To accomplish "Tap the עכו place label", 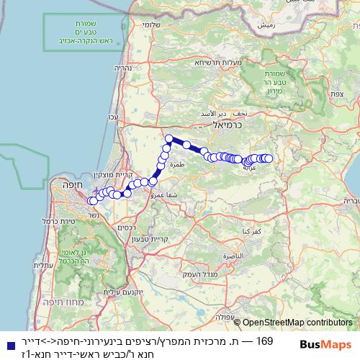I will pyautogui.click(x=112, y=117).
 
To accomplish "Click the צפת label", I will pyautogui.click(x=336, y=94).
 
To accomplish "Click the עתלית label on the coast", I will pyautogui.click(x=50, y=266).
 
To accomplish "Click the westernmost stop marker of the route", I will pyautogui.click(x=93, y=201).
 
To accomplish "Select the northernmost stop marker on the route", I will pyautogui.click(x=169, y=139).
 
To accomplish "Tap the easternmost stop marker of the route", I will pyautogui.click(x=269, y=158).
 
